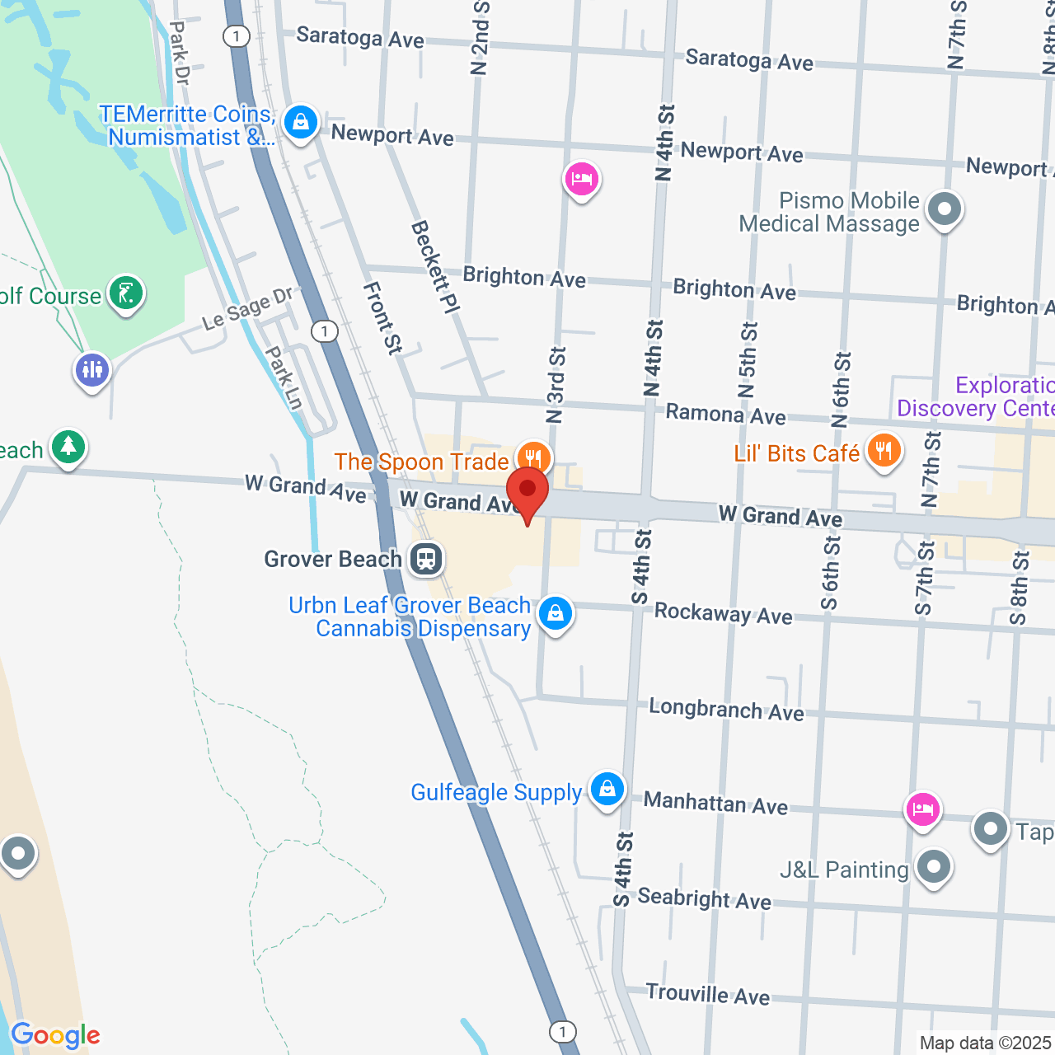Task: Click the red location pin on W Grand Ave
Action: [527, 492]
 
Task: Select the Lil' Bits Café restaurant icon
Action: [884, 450]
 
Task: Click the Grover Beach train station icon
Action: [425, 559]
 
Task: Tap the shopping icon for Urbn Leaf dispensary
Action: [556, 613]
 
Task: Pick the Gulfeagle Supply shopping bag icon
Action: [607, 789]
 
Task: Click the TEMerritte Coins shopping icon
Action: [301, 123]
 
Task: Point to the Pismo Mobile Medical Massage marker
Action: [945, 209]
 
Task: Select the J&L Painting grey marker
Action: [934, 867]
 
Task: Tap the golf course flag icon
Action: [126, 293]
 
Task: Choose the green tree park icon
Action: [68, 447]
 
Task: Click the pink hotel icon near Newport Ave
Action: [582, 178]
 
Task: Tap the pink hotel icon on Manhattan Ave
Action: [922, 809]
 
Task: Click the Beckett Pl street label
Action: [435, 266]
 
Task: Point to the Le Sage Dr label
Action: [247, 309]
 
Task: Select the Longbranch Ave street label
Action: [726, 710]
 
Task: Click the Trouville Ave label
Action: [707, 994]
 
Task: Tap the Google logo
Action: [55, 1036]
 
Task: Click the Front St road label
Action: [382, 318]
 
